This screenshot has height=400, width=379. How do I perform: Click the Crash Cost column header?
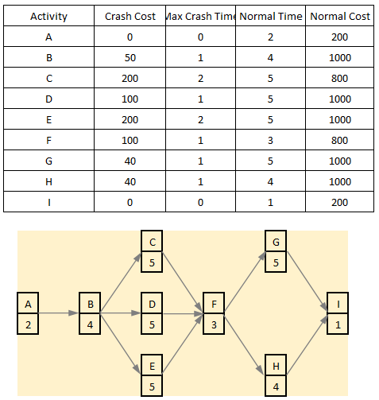point(130,17)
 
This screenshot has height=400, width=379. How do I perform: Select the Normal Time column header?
point(271,17)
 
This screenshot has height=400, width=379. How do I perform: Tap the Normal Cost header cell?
point(340,17)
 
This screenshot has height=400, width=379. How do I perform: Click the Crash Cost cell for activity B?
point(130,58)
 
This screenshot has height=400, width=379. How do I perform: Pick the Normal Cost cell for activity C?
point(340,79)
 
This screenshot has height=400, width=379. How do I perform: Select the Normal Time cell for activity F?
point(270,141)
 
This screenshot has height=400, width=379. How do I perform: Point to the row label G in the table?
point(49,161)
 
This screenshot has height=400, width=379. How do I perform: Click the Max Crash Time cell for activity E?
point(200,120)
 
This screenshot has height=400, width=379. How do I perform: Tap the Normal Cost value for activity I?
point(340,203)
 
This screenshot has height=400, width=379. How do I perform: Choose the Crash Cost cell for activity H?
point(130,182)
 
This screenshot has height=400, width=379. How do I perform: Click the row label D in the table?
point(49,99)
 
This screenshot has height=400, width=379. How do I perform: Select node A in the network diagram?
point(28,303)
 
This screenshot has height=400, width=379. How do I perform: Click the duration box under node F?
point(214,324)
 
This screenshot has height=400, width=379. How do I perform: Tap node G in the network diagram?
point(276,241)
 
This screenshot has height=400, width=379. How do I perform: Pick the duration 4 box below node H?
point(276,386)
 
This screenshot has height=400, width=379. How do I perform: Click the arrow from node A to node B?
point(59,313)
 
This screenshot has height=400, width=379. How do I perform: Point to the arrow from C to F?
point(183,283)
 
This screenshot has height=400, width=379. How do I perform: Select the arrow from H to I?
point(307,345)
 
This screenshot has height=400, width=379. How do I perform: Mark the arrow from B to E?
point(121,344)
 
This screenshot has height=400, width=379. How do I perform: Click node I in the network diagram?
point(338,303)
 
